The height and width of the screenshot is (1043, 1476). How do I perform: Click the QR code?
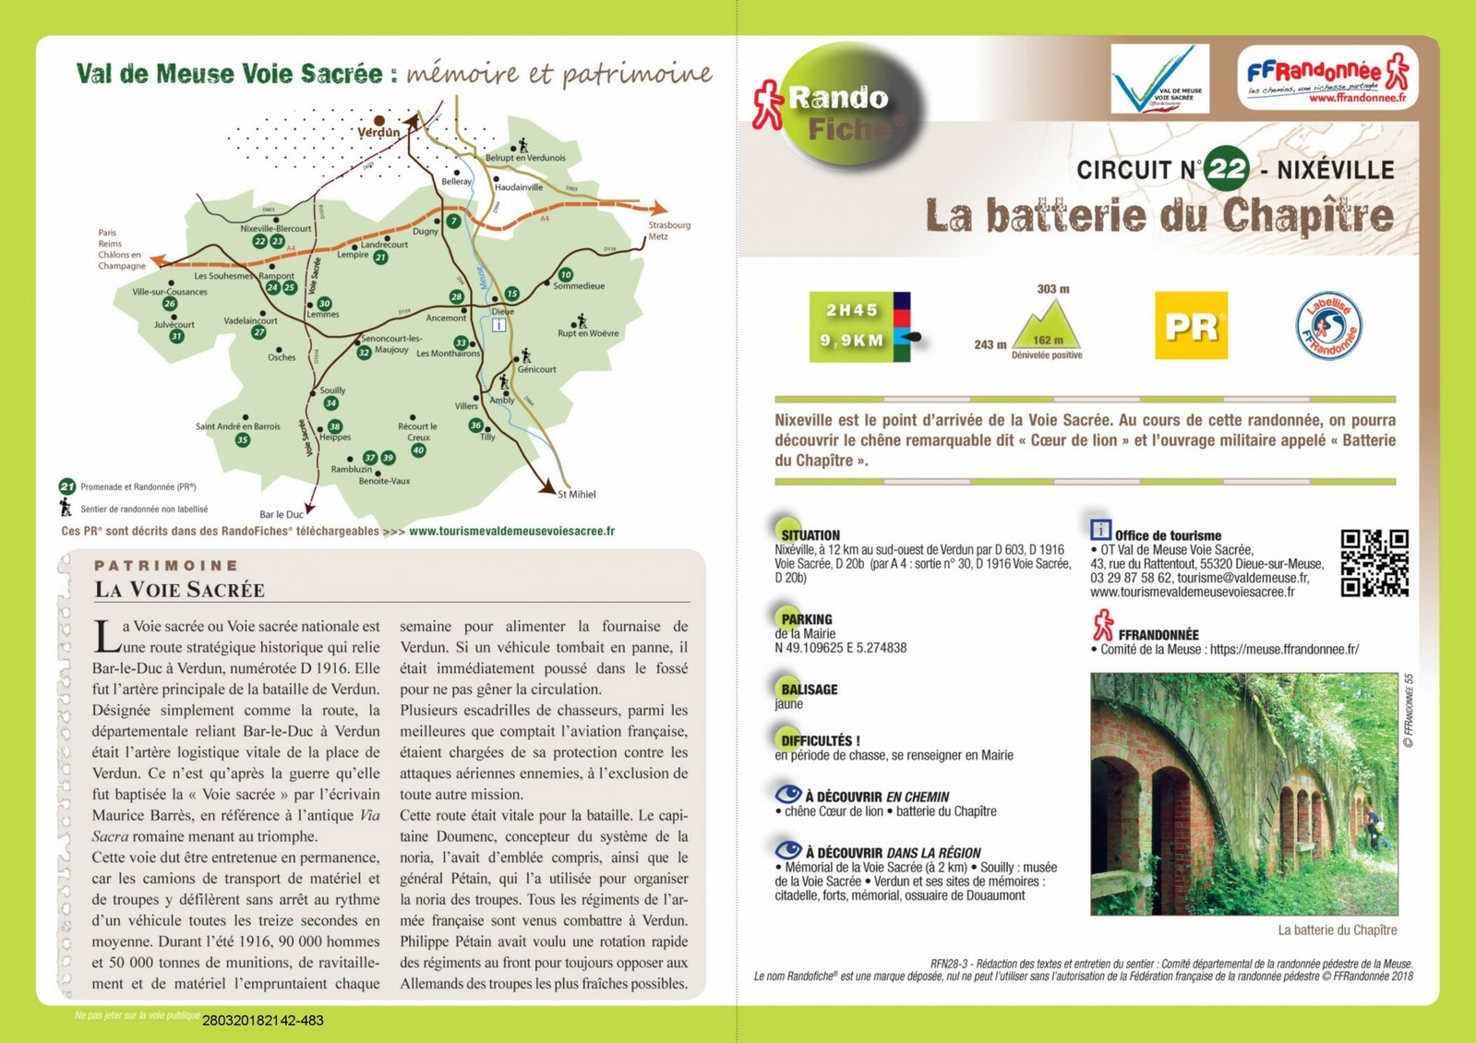pyautogui.click(x=1374, y=563)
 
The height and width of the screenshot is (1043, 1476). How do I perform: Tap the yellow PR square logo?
pyautogui.click(x=1191, y=326)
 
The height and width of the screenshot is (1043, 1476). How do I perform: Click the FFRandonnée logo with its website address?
pyautogui.click(x=1327, y=78)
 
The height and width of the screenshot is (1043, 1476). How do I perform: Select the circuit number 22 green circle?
pyautogui.click(x=1227, y=169)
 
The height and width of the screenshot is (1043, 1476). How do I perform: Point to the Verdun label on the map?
pyautogui.click(x=378, y=132)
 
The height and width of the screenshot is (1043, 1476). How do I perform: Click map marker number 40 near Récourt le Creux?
pyautogui.click(x=418, y=450)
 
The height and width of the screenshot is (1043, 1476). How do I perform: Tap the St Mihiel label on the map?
pyautogui.click(x=577, y=495)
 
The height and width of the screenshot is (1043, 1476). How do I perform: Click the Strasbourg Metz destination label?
pyautogui.click(x=669, y=231)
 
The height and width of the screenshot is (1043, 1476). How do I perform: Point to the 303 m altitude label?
pyautogui.click(x=1052, y=289)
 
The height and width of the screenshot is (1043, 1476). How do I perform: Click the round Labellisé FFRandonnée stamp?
pyautogui.click(x=1327, y=326)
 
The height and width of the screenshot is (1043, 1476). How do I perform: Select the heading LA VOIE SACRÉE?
pyautogui.click(x=179, y=590)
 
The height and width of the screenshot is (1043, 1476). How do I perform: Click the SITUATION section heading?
pyautogui.click(x=810, y=535)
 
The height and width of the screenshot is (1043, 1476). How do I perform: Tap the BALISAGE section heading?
pyautogui.click(x=809, y=689)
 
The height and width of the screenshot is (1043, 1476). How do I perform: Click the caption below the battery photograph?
pyautogui.click(x=1337, y=930)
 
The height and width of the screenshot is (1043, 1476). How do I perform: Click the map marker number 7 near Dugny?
pyautogui.click(x=453, y=222)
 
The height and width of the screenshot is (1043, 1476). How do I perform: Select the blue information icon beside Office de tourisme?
pyautogui.click(x=1100, y=530)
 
